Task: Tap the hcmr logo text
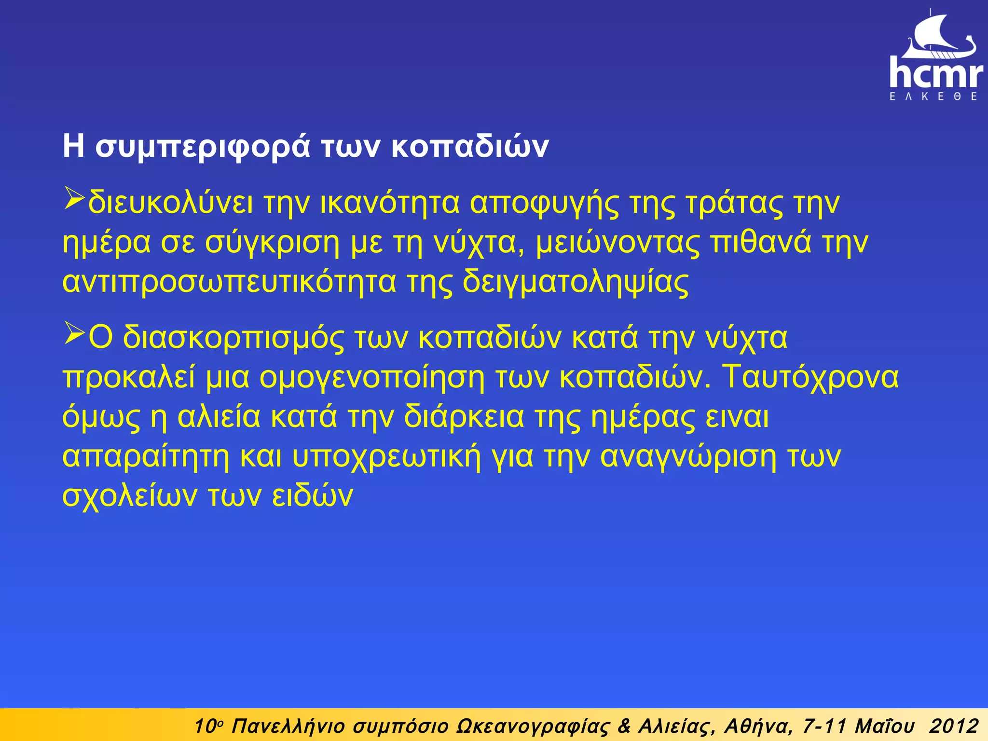(x=936, y=73)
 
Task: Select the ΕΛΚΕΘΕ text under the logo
(x=934, y=96)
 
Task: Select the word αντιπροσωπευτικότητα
(x=230, y=282)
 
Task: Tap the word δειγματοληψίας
(x=576, y=282)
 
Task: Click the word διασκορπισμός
(x=233, y=338)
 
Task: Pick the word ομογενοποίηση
(x=371, y=377)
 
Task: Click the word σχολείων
(x=130, y=496)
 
